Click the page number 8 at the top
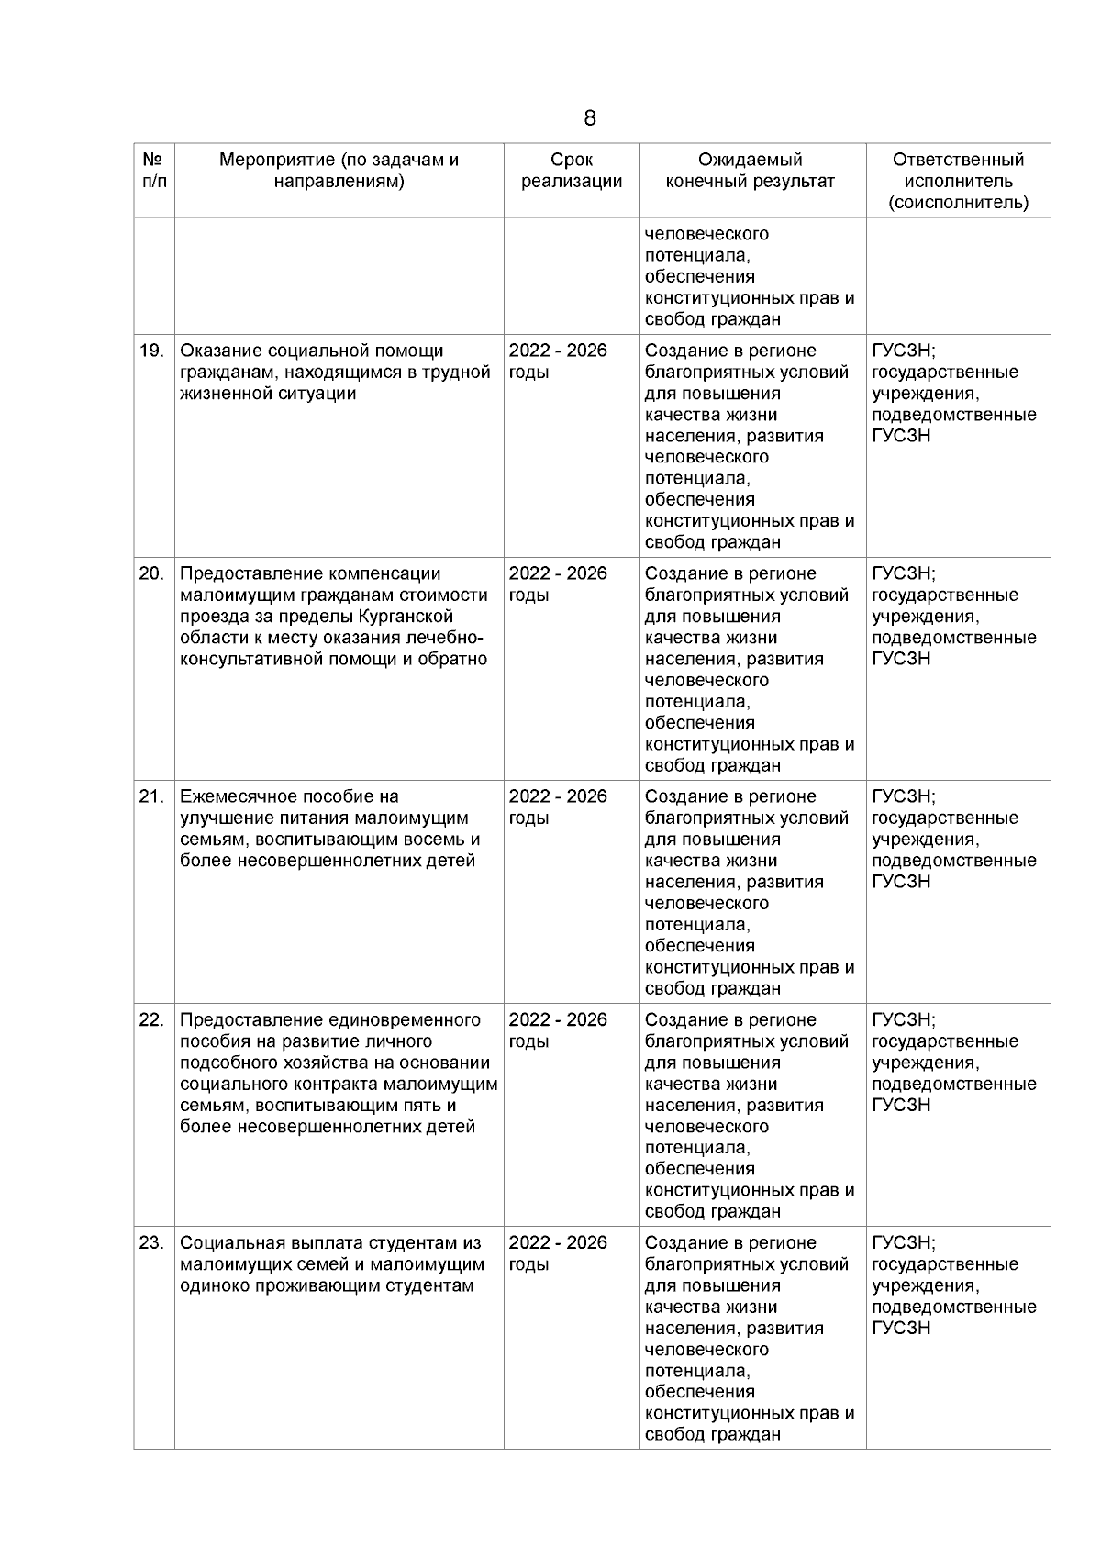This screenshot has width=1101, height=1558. click(x=589, y=118)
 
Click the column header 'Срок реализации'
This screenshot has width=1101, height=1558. click(x=572, y=171)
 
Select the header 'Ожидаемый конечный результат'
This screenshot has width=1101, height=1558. click(x=750, y=171)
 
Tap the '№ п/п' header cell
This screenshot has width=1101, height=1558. click(x=154, y=171)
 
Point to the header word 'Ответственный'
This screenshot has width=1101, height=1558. click(x=958, y=160)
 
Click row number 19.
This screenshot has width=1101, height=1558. click(x=151, y=351)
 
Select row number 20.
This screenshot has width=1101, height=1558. click(x=151, y=573)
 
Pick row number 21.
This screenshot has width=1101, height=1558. click(x=151, y=796)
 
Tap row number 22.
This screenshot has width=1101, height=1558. click(x=151, y=1019)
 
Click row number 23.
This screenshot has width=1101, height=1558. click(x=151, y=1242)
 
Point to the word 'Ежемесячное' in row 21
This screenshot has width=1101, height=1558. click(x=233, y=796)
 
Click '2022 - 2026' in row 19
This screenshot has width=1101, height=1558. click(x=558, y=351)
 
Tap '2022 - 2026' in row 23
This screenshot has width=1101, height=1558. click(x=558, y=1242)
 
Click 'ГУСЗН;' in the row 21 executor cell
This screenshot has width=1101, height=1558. click(x=904, y=796)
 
